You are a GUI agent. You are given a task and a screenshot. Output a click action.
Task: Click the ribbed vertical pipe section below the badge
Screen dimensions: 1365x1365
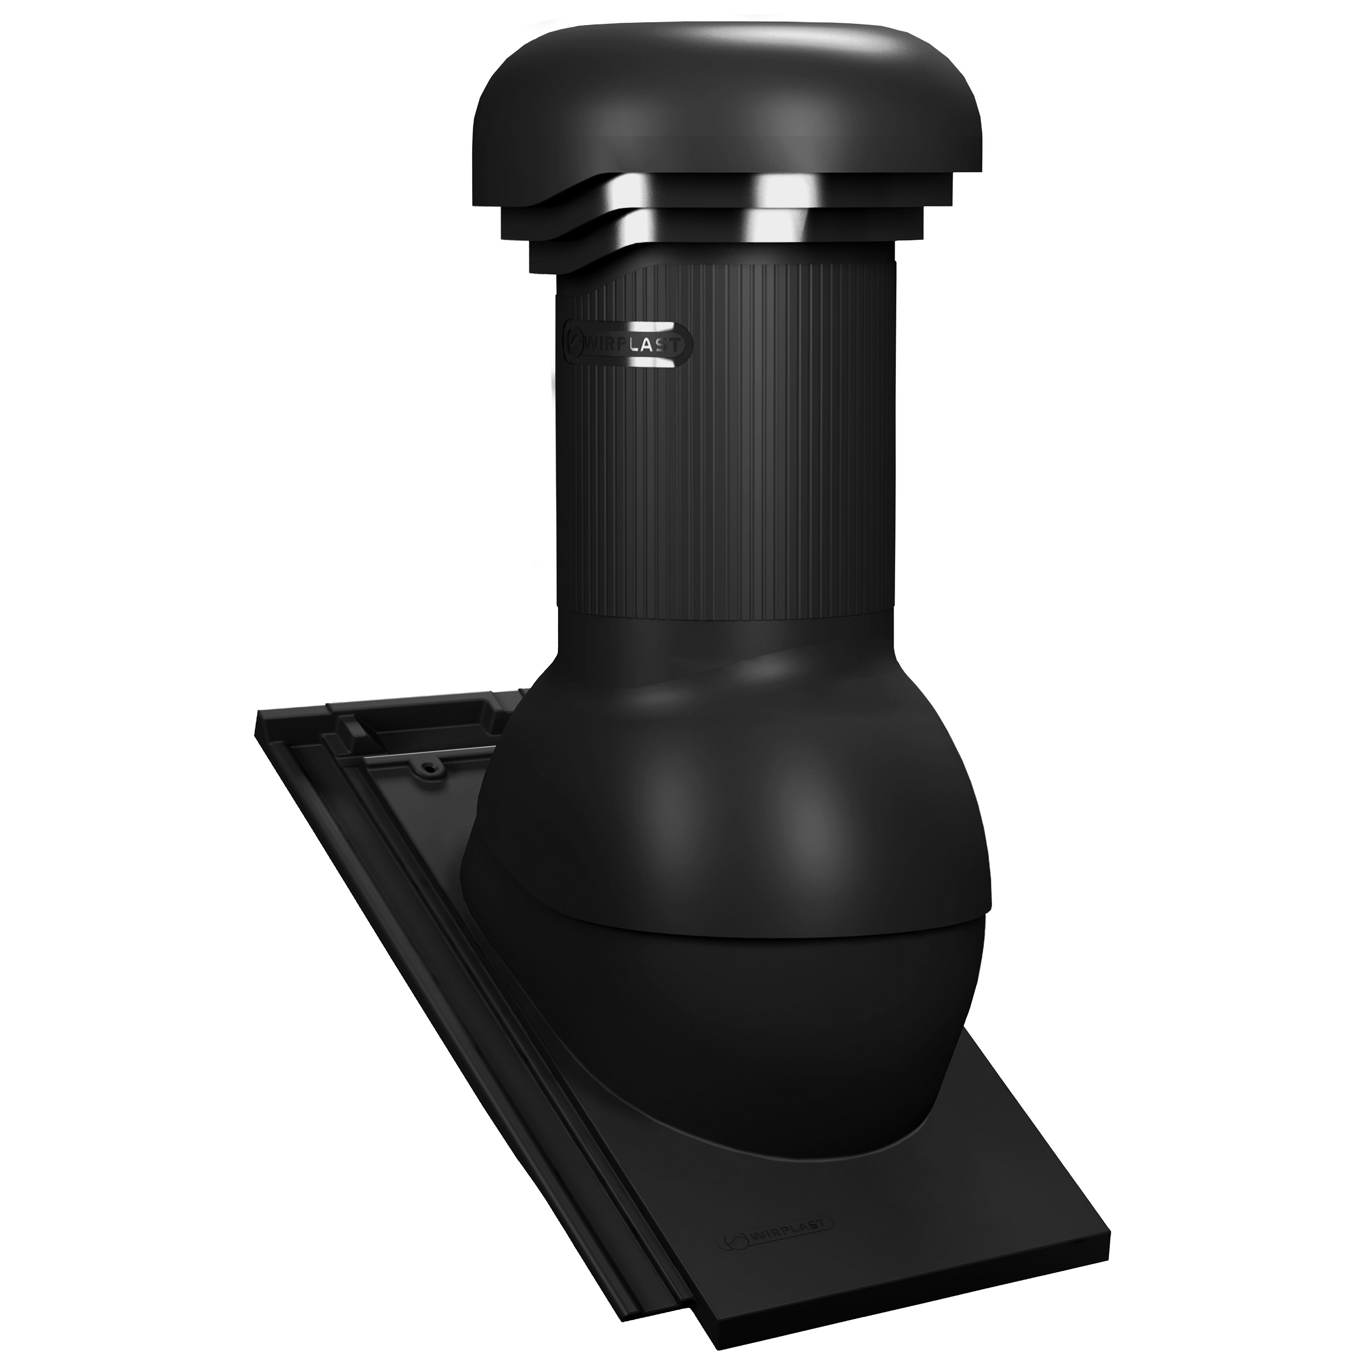click(x=728, y=495)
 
